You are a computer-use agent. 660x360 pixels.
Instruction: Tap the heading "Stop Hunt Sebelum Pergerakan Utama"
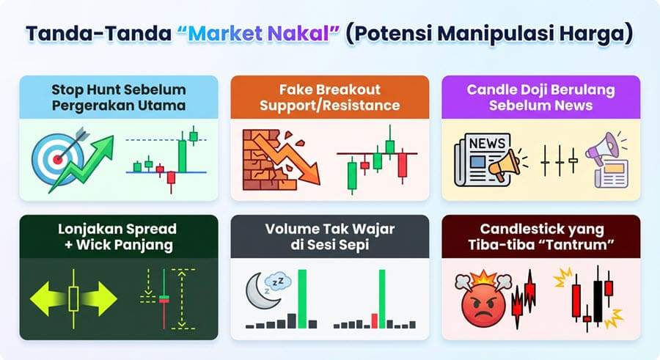coord(118,98)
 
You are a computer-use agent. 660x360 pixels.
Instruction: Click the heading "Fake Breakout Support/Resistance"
coord(329,98)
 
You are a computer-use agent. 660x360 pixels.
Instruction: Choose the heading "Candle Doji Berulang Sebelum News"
coord(540,98)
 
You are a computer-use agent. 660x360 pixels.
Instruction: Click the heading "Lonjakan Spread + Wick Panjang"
coord(118,236)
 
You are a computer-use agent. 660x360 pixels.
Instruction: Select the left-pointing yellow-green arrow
coord(48,298)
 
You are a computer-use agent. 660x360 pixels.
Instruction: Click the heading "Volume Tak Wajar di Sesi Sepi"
coord(329,236)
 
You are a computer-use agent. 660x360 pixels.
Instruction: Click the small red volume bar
coord(373,320)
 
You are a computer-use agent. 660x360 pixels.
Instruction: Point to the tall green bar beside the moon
coord(302,298)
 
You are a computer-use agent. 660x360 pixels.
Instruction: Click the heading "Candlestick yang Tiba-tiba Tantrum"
coord(540,236)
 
